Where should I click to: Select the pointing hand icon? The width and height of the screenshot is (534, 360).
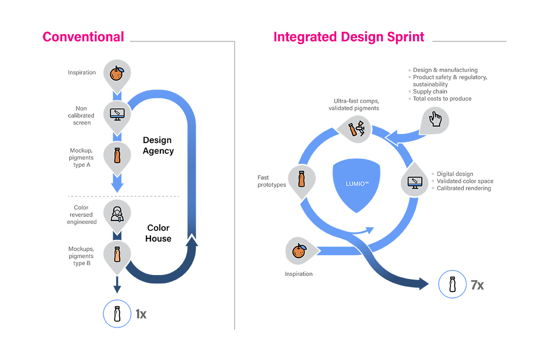pos(436,119)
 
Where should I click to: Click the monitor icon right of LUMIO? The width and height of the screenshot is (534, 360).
pos(414,182)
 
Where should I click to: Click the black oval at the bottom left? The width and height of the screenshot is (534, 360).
pos(118,314)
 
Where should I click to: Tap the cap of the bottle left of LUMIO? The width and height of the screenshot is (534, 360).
pos(301,172)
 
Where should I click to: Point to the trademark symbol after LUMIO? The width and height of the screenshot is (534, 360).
pos(367,182)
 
